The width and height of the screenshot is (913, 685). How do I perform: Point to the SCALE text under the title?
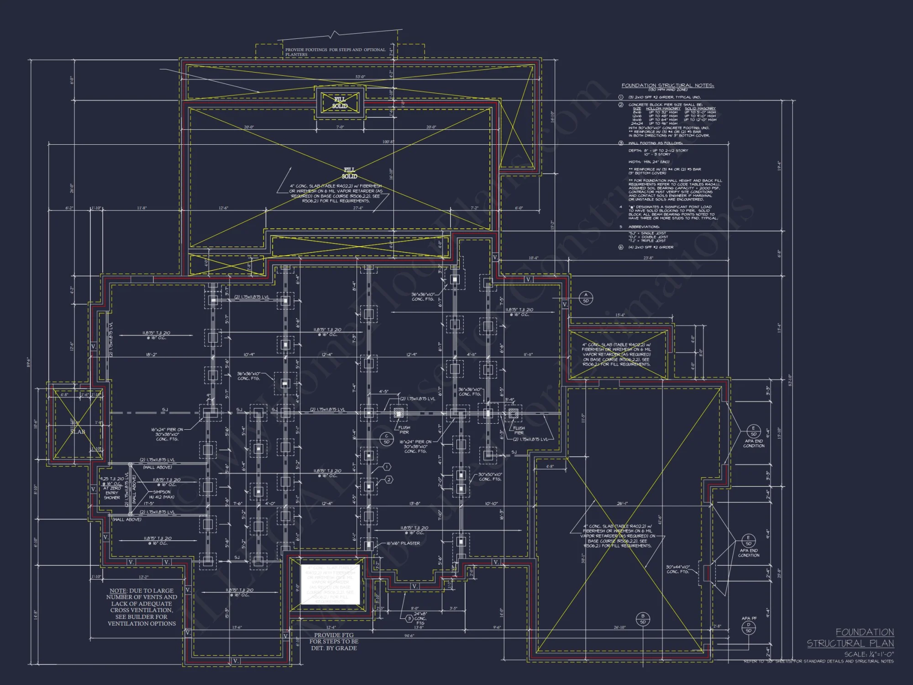click(869, 654)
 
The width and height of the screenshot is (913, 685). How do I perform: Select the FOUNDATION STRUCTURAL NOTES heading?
click(667, 85)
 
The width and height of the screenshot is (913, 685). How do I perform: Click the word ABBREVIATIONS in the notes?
click(644, 227)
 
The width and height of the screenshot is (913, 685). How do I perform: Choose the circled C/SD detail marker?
click(387, 439)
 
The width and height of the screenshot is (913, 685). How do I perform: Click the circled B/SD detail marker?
click(643, 619)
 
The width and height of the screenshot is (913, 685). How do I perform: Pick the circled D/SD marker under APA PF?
click(748, 627)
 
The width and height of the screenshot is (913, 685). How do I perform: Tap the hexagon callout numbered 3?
click(409, 618)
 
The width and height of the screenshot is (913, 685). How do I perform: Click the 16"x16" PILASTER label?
click(403, 543)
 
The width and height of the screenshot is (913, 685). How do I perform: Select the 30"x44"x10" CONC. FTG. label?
click(678, 569)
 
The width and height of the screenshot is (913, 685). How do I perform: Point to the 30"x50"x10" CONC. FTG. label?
click(490, 477)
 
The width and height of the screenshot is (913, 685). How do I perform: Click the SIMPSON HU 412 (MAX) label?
click(162, 494)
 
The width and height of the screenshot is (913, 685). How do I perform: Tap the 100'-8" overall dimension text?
click(388, 142)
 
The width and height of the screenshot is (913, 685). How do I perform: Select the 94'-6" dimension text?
click(409, 636)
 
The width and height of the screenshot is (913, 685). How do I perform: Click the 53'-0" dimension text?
click(360, 77)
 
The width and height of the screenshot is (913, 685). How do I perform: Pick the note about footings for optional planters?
click(335, 52)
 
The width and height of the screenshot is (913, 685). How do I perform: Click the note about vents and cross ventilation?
click(142, 607)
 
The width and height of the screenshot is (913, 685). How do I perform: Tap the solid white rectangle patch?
click(330, 585)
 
